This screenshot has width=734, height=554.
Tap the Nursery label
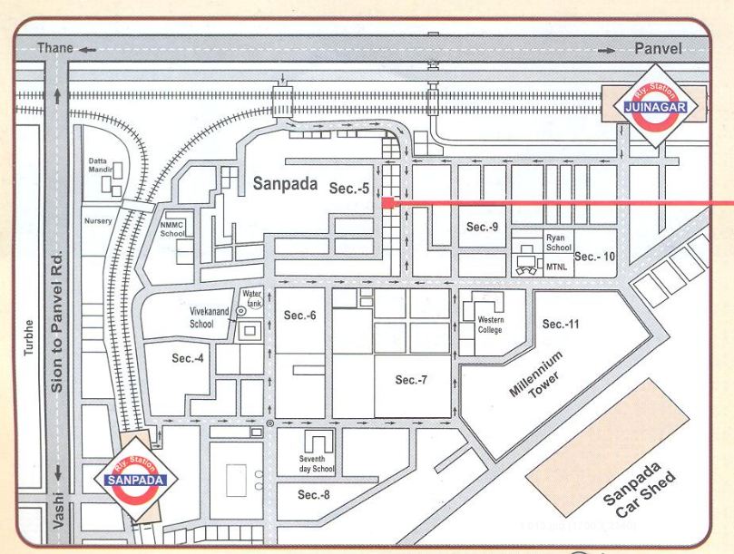tap(98, 220)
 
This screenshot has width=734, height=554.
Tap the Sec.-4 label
tap(188, 359)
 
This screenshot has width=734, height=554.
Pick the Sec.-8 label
tap(314, 495)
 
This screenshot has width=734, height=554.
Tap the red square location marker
tap(387, 204)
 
